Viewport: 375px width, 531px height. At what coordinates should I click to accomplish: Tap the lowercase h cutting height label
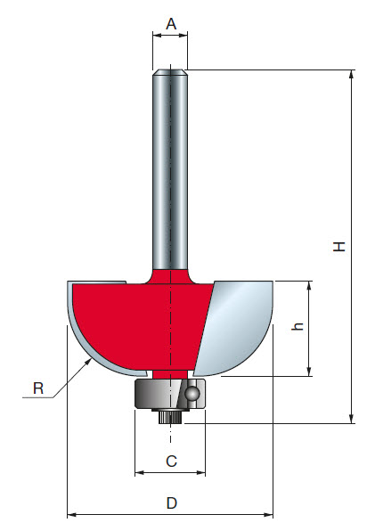click(x=299, y=327)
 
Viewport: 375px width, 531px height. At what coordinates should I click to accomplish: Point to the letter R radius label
click(x=38, y=388)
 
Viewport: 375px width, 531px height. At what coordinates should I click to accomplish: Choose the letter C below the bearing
click(x=171, y=461)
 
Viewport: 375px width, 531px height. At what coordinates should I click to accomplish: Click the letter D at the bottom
click(x=171, y=503)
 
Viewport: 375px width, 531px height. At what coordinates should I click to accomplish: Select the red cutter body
click(x=134, y=321)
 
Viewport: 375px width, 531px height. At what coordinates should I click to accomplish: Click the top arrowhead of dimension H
click(x=353, y=75)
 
